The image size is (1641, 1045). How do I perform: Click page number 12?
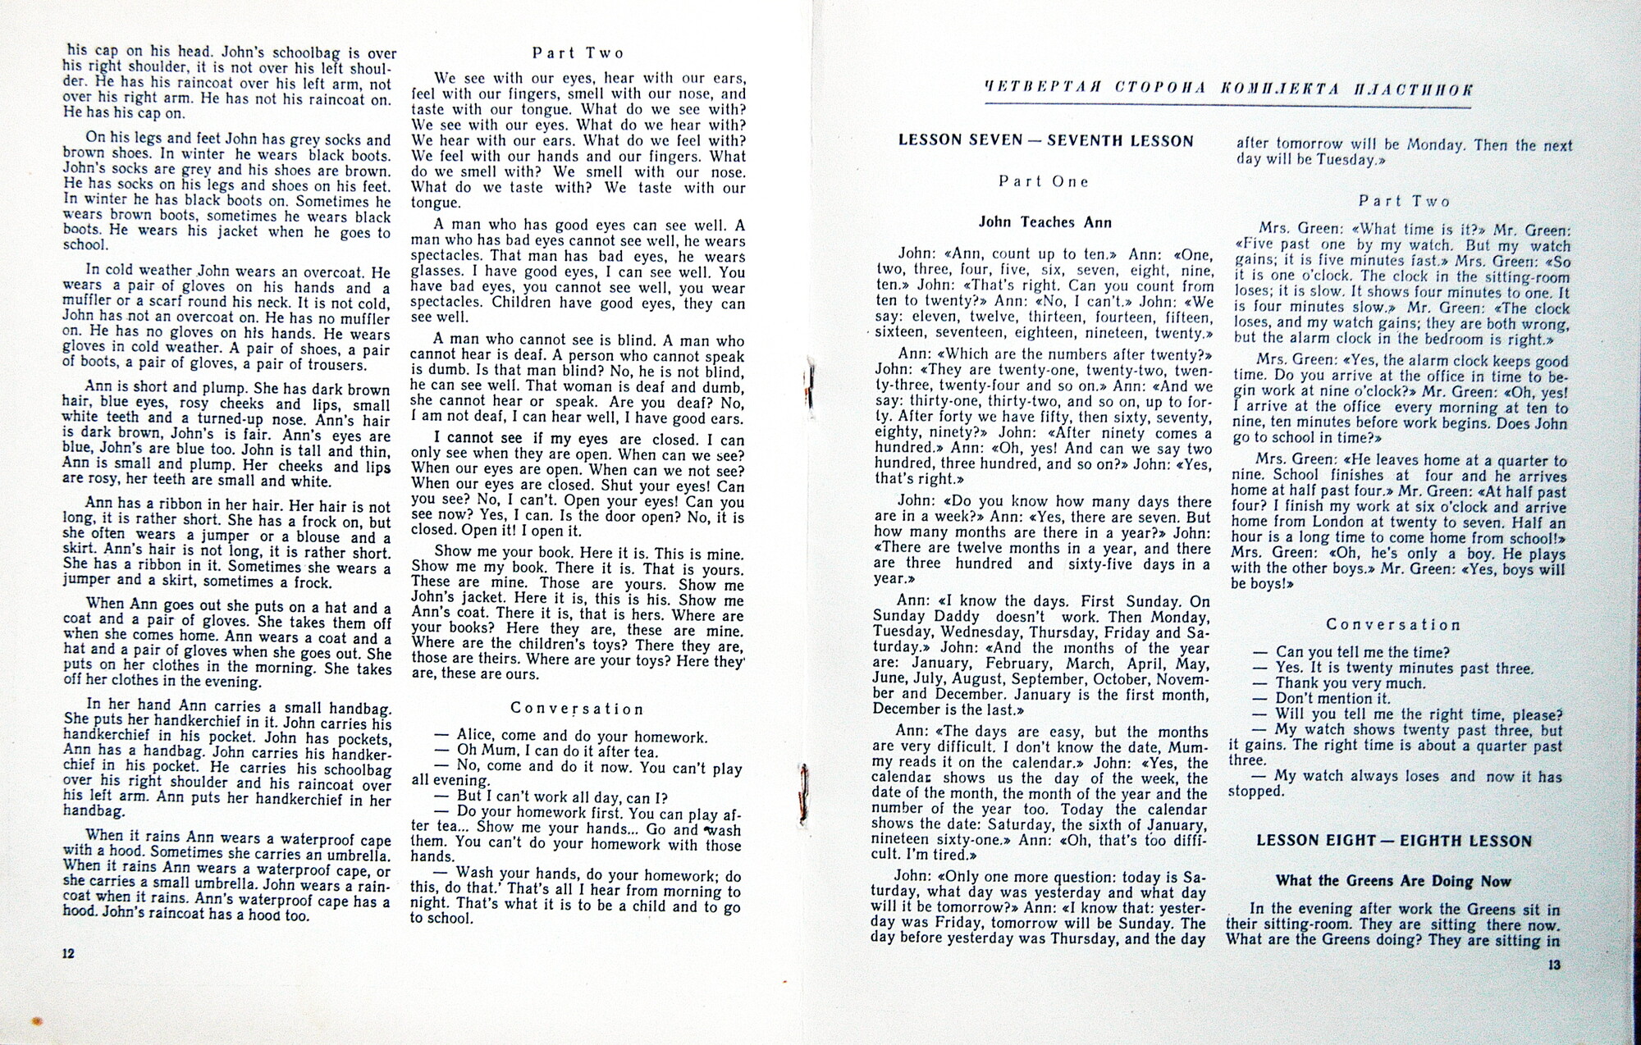(x=69, y=953)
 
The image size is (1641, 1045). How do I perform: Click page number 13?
(x=1554, y=965)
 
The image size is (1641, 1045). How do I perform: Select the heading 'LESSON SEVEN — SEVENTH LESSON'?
(x=1045, y=140)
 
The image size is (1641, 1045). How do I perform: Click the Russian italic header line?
(x=1228, y=89)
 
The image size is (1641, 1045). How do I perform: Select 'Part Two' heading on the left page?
(x=578, y=53)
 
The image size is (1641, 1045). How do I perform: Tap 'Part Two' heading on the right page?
(x=1404, y=201)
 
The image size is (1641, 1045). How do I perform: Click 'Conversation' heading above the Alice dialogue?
(x=577, y=708)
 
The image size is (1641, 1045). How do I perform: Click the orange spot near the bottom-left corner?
(x=36, y=1021)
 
